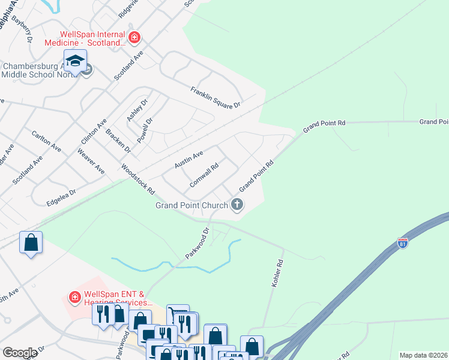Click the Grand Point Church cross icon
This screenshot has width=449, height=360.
coord(237,205)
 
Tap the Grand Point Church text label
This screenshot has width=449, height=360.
coord(191,205)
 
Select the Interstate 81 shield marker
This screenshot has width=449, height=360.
coord(402,244)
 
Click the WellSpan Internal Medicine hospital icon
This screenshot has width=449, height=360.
coord(134,39)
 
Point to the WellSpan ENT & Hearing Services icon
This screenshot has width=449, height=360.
coord(75,297)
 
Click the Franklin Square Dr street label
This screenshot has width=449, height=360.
coord(215,98)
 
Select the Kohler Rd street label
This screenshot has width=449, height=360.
coord(277,272)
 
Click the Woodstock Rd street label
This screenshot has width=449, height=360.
coord(138,179)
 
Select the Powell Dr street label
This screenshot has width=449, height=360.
coord(145,128)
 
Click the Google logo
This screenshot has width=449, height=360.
coord(20,352)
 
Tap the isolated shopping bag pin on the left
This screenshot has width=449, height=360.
coord(31,244)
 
